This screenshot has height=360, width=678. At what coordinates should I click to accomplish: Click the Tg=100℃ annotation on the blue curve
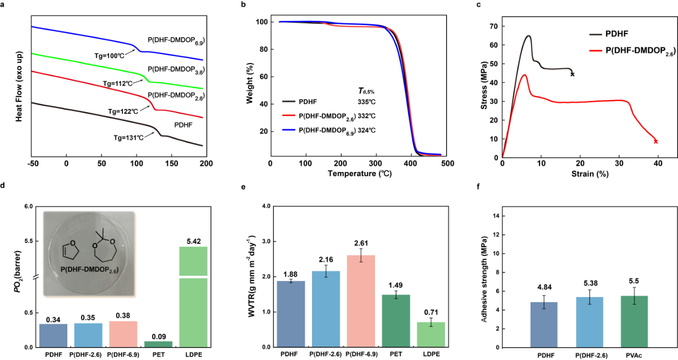pyautogui.click(x=105, y=56)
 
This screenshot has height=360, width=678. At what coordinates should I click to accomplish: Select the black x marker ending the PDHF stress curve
pyautogui.click(x=572, y=74)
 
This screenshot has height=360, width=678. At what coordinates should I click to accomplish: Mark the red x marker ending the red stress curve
pyautogui.click(x=656, y=142)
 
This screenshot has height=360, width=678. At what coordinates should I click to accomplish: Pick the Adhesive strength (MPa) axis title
pyautogui.click(x=484, y=277)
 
